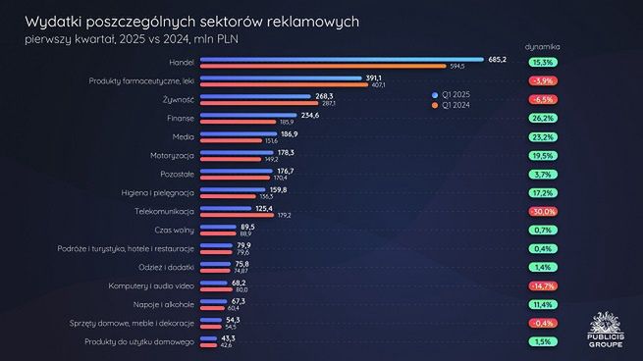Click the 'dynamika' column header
coord(543,46)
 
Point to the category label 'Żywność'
coord(179,99)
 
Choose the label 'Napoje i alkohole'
coord(166,303)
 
